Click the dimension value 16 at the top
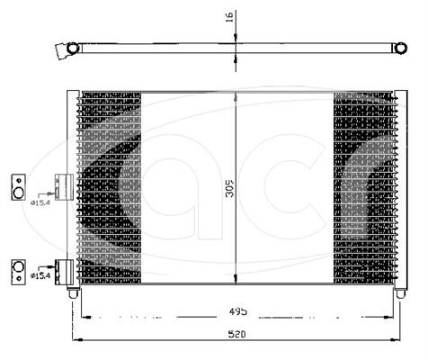pyautogui.click(x=229, y=17)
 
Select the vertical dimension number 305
pyautogui.click(x=230, y=188)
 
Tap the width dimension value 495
pyautogui.click(x=238, y=311)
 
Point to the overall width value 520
pyautogui.click(x=236, y=334)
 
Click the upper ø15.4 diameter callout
pyautogui.click(x=40, y=202)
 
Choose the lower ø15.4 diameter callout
pyautogui.click(x=40, y=275)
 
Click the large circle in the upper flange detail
pyautogui.click(x=18, y=193)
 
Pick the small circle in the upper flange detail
pyautogui.click(x=19, y=181)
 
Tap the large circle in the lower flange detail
pyautogui.click(x=18, y=266)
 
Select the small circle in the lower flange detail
pyautogui.click(x=19, y=278)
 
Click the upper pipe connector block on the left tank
pyautogui.click(x=64, y=187)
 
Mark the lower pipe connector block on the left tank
pyautogui.click(x=64, y=272)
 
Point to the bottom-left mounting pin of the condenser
pyautogui.click(x=73, y=292)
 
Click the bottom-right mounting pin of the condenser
pyautogui.click(x=400, y=292)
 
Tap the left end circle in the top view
pyautogui.click(x=72, y=48)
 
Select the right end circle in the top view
pyautogui.click(x=400, y=48)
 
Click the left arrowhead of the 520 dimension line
pyautogui.click(x=77, y=339)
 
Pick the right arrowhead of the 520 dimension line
pyautogui.click(x=395, y=339)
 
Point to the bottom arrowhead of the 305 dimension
pyautogui.click(x=236, y=279)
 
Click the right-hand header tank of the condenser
pyautogui.click(x=401, y=189)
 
